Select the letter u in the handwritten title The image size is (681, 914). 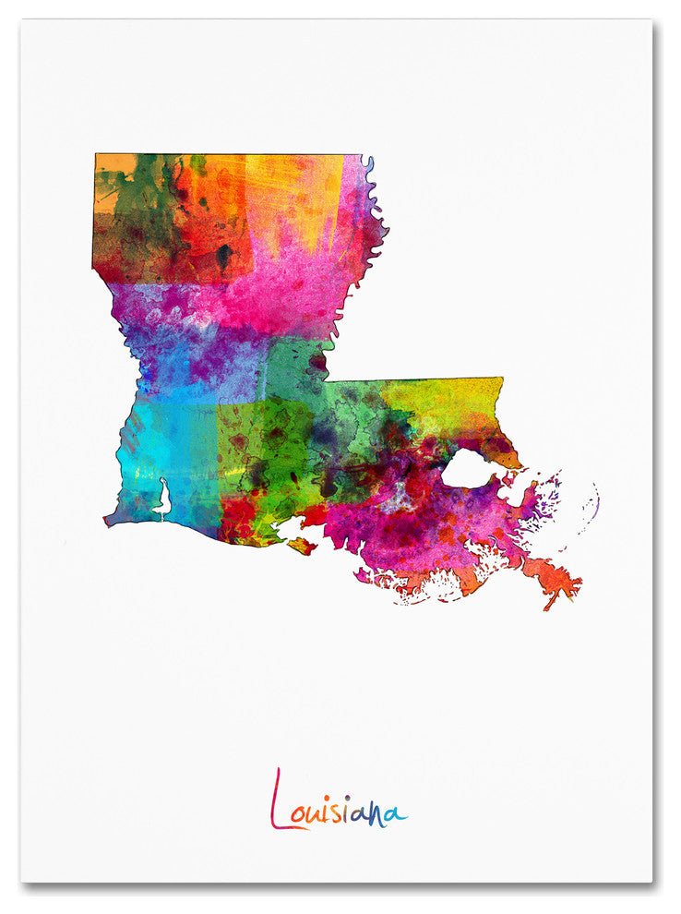pos(317,814)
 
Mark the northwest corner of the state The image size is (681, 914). pos(96,156)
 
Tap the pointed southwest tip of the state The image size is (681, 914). pos(107,521)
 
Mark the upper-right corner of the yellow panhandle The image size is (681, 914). pos(501,379)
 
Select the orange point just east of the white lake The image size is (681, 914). pos(512,459)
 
